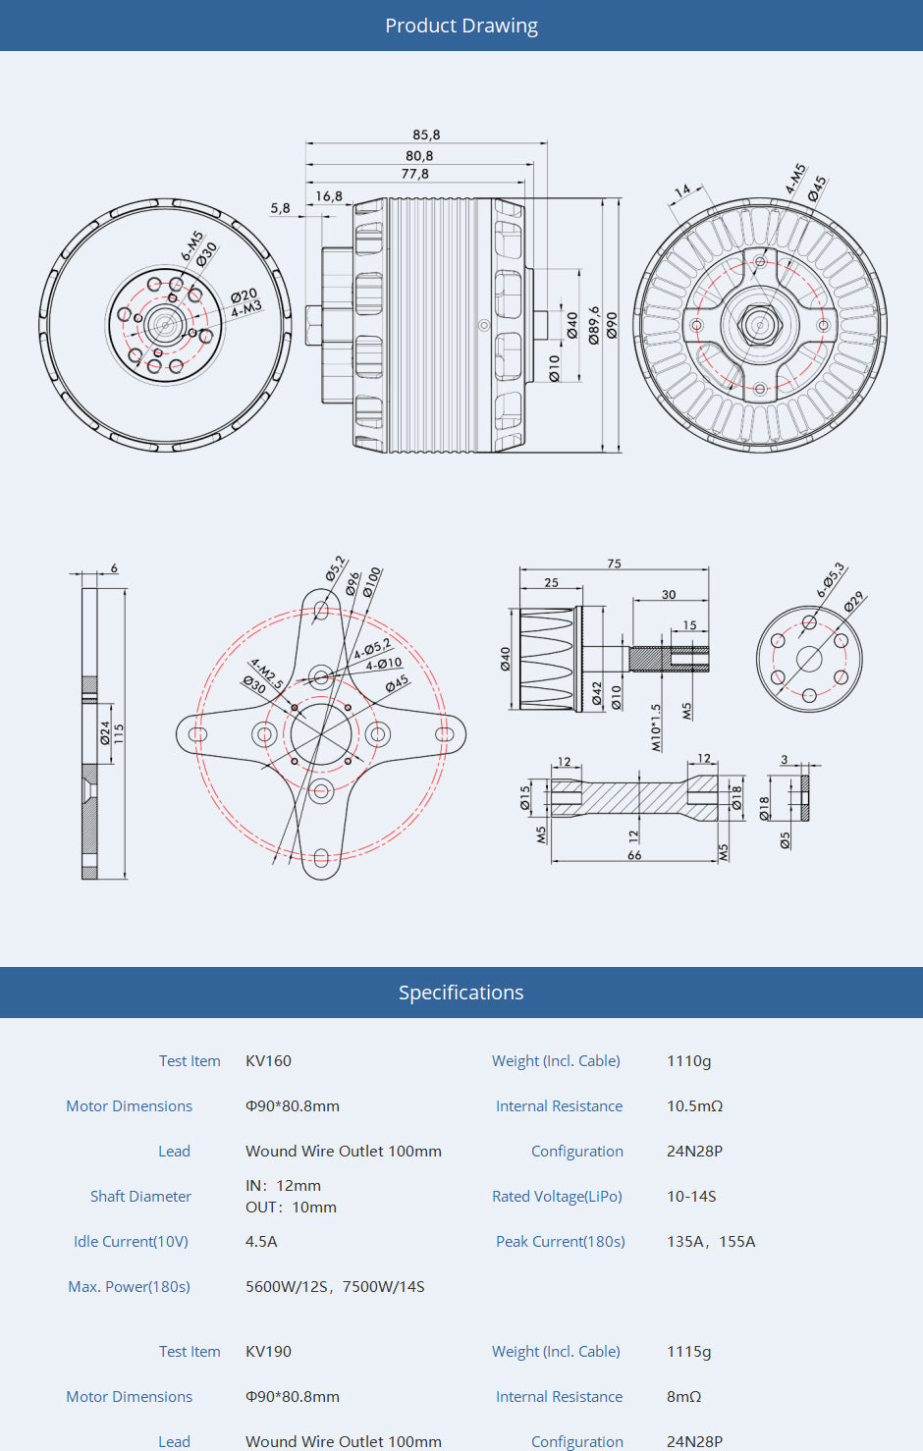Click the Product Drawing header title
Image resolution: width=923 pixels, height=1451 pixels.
(x=461, y=26)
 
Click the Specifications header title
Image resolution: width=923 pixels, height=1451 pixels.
(x=461, y=993)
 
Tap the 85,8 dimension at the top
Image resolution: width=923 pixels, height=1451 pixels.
(x=426, y=134)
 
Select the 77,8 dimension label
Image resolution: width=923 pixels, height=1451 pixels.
(x=414, y=174)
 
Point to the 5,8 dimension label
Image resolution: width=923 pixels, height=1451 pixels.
(x=280, y=208)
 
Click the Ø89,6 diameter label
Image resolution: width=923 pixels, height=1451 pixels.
(x=593, y=325)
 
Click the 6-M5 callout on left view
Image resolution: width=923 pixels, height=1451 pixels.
(x=191, y=245)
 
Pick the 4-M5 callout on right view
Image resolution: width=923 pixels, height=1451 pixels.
(x=794, y=178)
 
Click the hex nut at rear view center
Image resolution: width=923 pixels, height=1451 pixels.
(x=759, y=324)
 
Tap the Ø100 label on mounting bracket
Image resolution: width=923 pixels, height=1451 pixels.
(x=372, y=581)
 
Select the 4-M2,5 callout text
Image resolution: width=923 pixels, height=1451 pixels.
(x=266, y=672)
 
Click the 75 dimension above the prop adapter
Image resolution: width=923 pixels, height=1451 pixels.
(x=614, y=564)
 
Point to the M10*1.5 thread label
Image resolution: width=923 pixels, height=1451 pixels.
(x=656, y=727)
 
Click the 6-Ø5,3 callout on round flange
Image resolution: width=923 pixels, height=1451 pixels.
(x=831, y=579)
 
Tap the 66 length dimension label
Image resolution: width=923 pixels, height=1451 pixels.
(x=634, y=855)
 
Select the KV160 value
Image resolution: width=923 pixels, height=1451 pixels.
(x=268, y=1061)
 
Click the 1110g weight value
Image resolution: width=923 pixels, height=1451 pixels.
(x=688, y=1061)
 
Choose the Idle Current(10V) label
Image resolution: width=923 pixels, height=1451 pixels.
(x=131, y=1242)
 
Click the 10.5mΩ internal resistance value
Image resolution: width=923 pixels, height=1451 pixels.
(x=694, y=1106)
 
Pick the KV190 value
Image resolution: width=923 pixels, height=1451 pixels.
(x=268, y=1352)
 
